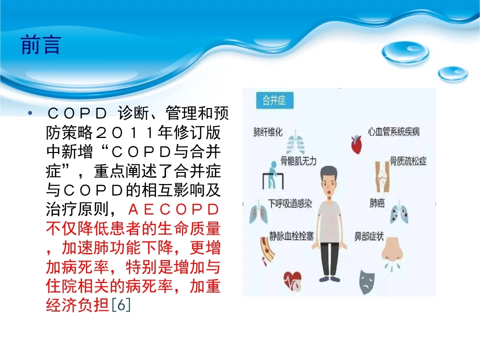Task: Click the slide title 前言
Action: pos(40,44)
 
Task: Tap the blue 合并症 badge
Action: pos(274,100)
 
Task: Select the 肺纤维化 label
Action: pos(268,132)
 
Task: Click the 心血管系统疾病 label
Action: pos(393,131)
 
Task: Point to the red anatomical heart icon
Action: pos(356,144)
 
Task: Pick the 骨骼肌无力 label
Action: pos(298,161)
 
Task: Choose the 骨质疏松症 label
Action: pos(408,161)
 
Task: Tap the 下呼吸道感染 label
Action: pos(290,203)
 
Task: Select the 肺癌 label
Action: pos(377,203)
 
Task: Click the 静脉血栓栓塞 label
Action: pos(291,236)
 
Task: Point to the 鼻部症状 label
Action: pos(369,236)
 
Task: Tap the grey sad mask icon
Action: pos(366,282)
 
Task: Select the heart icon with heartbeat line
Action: pos(292,280)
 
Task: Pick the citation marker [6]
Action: pos(121,304)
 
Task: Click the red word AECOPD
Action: pos(173,209)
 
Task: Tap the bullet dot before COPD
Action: pos(30,113)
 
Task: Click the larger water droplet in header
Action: pos(405,52)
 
